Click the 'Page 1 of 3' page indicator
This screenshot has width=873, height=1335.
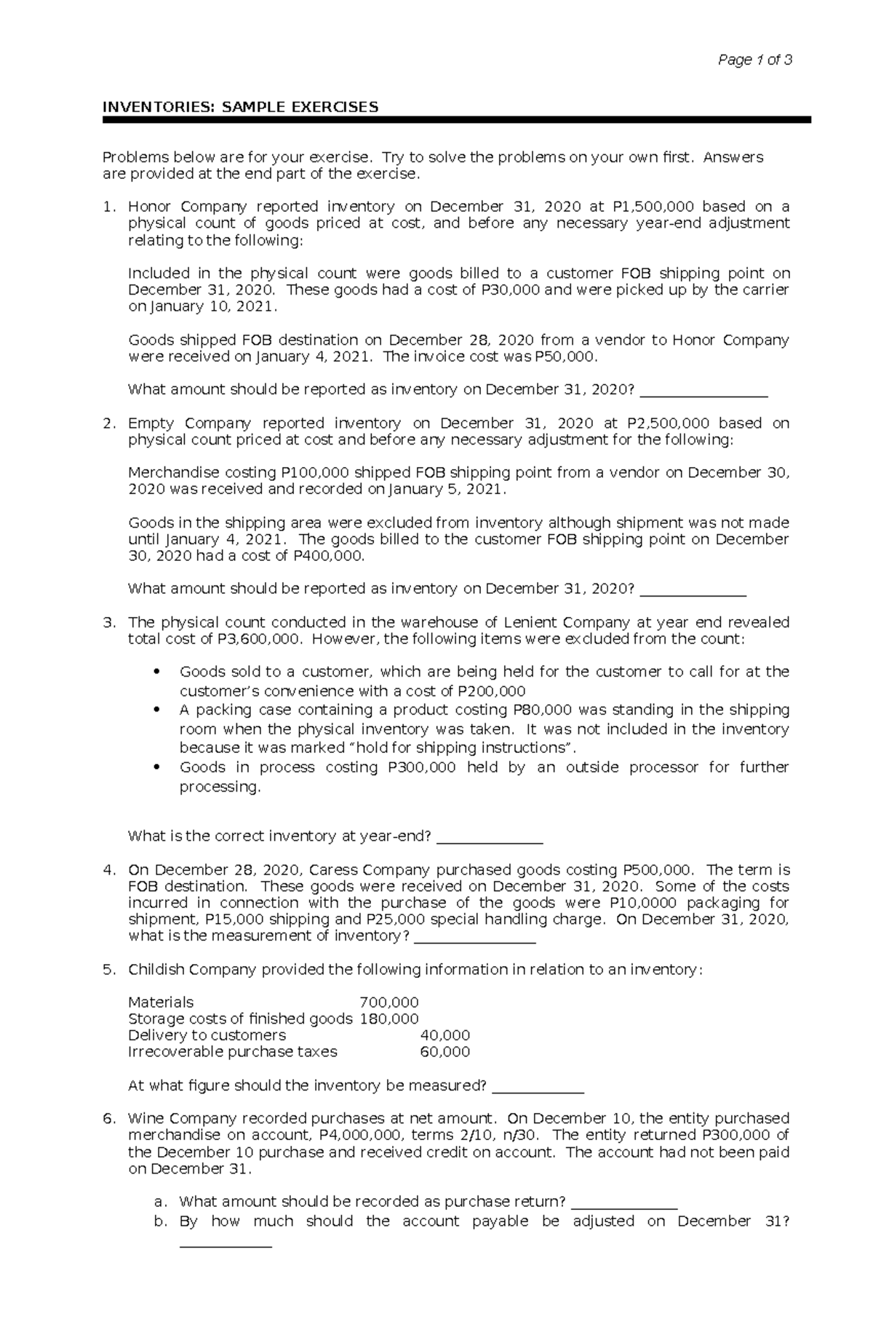pos(754,60)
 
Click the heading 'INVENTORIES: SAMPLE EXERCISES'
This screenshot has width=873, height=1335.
pos(240,108)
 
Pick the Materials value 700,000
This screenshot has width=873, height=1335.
pos(389,1003)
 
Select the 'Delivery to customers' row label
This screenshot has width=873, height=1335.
pos(207,1035)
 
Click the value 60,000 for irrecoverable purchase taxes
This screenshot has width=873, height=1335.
pos(445,1052)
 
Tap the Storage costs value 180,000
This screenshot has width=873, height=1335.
pos(389,1019)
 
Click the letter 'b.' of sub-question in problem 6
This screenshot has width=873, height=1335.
pos(161,1222)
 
